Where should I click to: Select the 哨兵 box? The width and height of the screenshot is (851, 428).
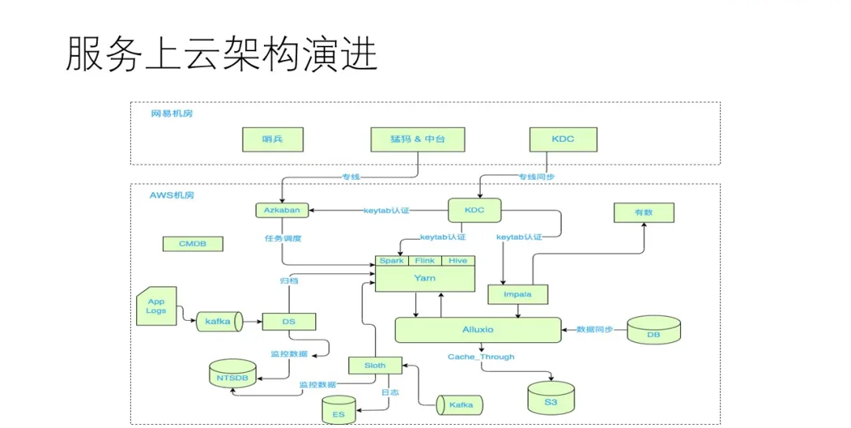pos(273,140)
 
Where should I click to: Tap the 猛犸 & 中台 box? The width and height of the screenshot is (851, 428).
pos(418,140)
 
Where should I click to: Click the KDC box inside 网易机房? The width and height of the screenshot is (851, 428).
pos(563,140)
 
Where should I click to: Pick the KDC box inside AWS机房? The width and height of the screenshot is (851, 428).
pos(474,210)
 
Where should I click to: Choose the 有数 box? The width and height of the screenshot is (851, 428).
pos(644,212)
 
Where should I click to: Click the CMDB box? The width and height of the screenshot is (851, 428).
pos(192,244)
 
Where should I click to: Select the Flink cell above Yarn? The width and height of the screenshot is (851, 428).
pos(425,261)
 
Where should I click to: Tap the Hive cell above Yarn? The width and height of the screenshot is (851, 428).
pos(458,261)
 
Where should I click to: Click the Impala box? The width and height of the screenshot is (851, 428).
pos(518,295)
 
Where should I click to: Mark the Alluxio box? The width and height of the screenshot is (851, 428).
pos(478,329)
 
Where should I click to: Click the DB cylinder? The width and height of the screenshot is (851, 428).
pos(653,331)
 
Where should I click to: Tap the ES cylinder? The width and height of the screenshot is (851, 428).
pos(339,411)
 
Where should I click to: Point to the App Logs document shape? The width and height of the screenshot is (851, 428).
pos(156,306)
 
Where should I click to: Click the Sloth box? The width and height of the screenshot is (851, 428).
pos(375,366)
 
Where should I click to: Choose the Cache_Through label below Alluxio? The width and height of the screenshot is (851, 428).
pos(481,357)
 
